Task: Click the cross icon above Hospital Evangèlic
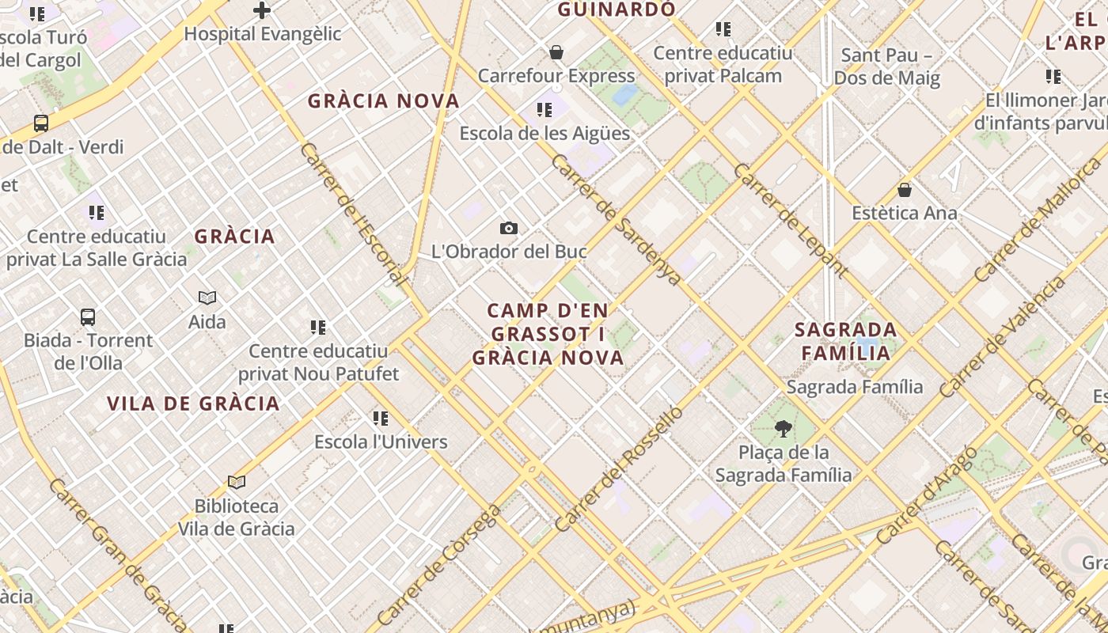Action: coord(262,10)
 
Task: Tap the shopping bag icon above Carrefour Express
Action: coord(556,52)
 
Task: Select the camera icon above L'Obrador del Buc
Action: coord(509,229)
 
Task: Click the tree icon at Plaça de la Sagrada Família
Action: coord(784,429)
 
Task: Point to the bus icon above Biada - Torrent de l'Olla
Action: coord(88,317)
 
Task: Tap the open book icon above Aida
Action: coord(207,298)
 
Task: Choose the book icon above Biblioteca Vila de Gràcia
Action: coord(236,482)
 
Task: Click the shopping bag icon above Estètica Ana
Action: coord(905,190)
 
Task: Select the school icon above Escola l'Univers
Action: coord(381,418)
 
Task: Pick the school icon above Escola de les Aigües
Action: coord(544,110)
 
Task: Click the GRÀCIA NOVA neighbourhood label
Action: coord(384,101)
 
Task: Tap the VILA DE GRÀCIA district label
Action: coord(193,404)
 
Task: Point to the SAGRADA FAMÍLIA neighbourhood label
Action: coord(846,341)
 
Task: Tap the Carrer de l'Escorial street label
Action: coord(353,214)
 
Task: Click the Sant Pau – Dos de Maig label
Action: coord(887,66)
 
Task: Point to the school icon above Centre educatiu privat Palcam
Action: coord(723,29)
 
